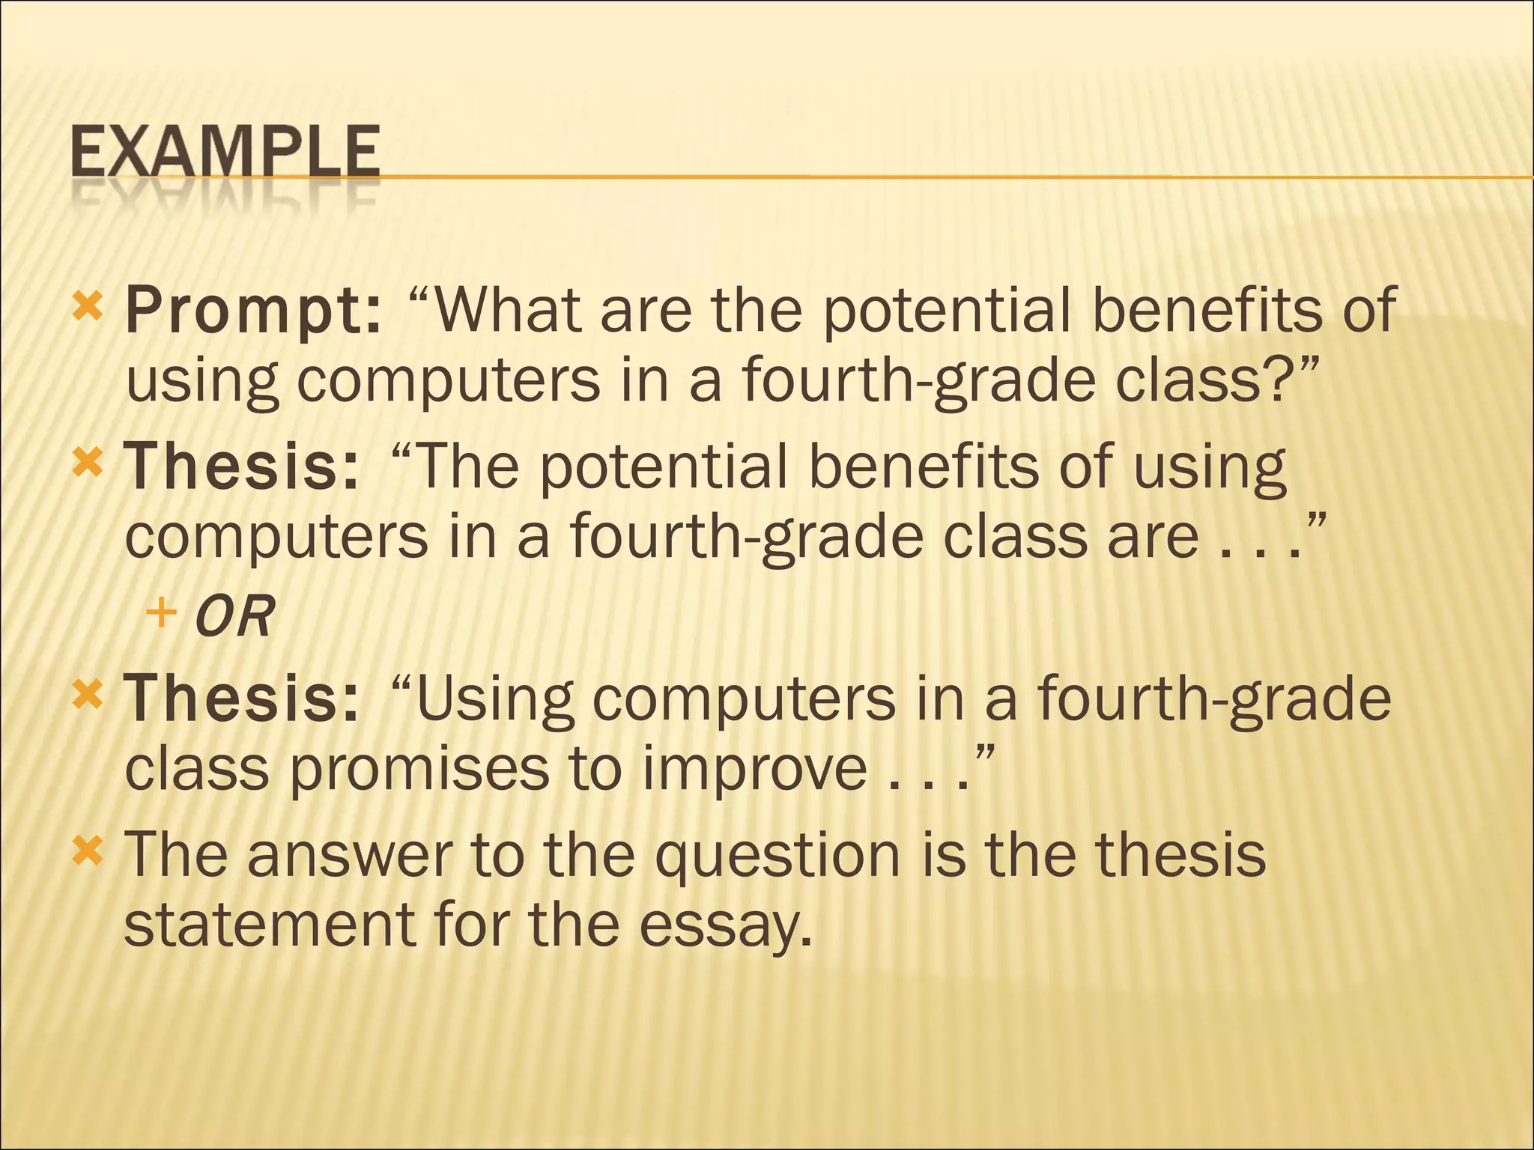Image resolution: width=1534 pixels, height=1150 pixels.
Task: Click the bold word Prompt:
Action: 253,311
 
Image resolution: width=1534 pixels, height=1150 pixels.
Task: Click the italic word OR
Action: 234,617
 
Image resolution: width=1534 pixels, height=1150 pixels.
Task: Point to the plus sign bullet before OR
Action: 161,614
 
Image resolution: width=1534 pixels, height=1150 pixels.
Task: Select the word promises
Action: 419,770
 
